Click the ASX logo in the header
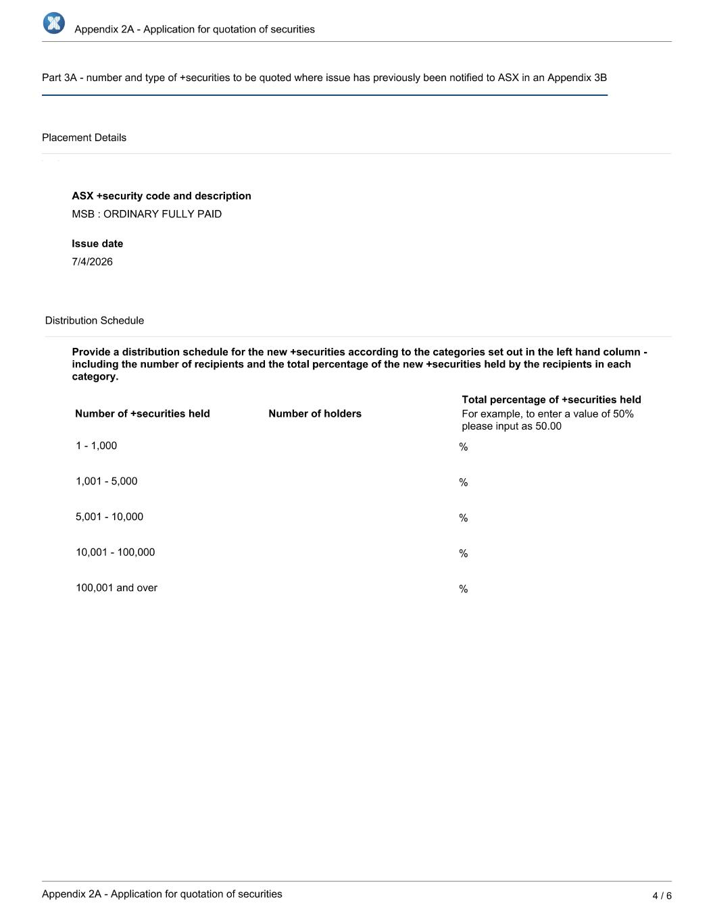click(x=54, y=23)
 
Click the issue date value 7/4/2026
click(x=93, y=262)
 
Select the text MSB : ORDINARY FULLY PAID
click(x=147, y=214)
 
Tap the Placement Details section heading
click(x=84, y=138)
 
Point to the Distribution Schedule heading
click(x=95, y=321)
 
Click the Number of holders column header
click(x=315, y=414)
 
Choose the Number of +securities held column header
click(x=143, y=414)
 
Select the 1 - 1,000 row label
click(x=96, y=446)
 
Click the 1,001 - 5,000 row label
click(x=106, y=482)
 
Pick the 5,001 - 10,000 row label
click(x=109, y=517)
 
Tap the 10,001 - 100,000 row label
click(x=115, y=553)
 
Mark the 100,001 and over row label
click(x=116, y=588)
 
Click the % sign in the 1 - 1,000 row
click(x=464, y=447)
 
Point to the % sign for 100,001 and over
click(x=464, y=590)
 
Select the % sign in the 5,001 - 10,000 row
click(x=464, y=518)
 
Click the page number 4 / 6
click(x=662, y=896)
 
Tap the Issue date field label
click(x=97, y=244)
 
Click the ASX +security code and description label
click(x=162, y=196)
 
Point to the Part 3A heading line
click(x=324, y=78)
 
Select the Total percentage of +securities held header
click(x=551, y=400)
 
